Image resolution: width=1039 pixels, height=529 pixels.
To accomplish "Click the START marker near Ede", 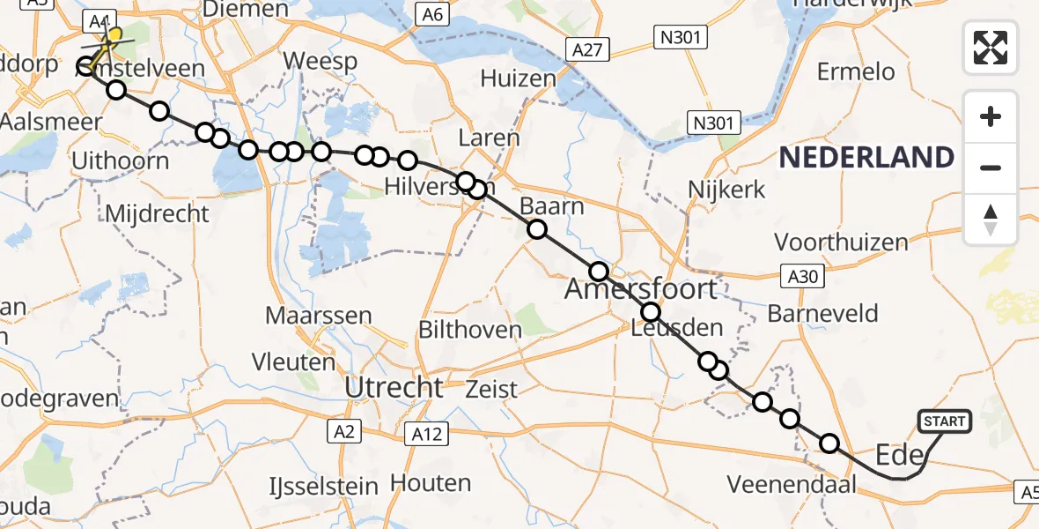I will pos(944,422).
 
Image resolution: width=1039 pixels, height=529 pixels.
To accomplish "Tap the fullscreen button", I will pos(991,48).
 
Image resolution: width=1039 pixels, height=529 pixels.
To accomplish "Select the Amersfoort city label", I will pos(640,288).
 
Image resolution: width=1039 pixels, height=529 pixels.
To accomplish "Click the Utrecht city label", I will pos(394,387).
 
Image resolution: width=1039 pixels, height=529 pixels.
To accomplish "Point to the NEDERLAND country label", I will pos(866,158).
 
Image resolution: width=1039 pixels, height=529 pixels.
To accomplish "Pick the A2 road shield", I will pos(344,431).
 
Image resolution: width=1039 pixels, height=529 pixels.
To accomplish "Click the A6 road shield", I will pos(432,14).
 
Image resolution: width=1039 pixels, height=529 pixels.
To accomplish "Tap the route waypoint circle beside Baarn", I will pos(537,231).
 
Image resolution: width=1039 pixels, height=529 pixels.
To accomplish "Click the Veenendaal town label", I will pos(792,484).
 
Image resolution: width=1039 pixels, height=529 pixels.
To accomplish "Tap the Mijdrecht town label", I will pos(157,213).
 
